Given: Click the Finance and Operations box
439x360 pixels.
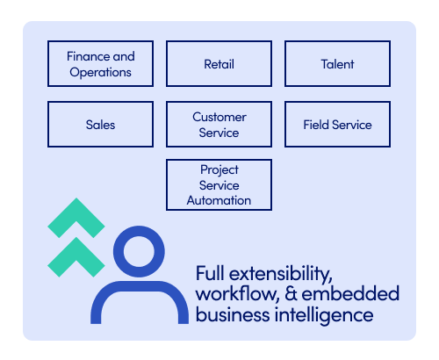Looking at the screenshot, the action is pyautogui.click(x=100, y=64).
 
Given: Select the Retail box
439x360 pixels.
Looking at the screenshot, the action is pyautogui.click(x=219, y=64).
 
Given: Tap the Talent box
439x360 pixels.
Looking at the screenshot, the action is pyautogui.click(x=337, y=64).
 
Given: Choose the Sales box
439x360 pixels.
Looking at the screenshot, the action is pyautogui.click(x=100, y=125).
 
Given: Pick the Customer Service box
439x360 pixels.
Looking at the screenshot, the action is pyautogui.click(x=219, y=125).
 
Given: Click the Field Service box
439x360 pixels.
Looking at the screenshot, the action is pyautogui.click(x=337, y=125).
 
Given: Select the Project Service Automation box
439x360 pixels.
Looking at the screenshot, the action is pyautogui.click(x=219, y=184).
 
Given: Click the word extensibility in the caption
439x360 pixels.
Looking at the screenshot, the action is pyautogui.click(x=280, y=274).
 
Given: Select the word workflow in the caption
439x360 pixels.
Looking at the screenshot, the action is pyautogui.click(x=237, y=294).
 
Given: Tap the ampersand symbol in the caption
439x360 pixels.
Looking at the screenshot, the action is pyautogui.click(x=291, y=293).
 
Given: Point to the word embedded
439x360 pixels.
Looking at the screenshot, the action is pyautogui.click(x=350, y=293).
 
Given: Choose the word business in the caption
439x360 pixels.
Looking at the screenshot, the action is pyautogui.click(x=233, y=314).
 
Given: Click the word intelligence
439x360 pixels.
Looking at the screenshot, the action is pyautogui.click(x=324, y=316).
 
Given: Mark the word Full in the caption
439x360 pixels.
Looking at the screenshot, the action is pyautogui.click(x=210, y=273).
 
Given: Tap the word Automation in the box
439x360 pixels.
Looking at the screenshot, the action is pyautogui.click(x=219, y=200).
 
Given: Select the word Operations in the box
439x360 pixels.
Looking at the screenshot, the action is pyautogui.click(x=100, y=72).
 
